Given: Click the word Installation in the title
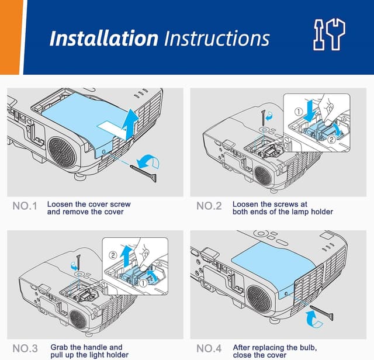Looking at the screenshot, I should [103, 39].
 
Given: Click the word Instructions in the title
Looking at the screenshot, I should [217, 39].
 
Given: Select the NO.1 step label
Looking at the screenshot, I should [25, 206].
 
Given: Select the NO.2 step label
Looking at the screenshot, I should [209, 206].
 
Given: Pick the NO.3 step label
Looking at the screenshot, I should [25, 348].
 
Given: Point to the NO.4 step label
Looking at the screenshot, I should [209, 348].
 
